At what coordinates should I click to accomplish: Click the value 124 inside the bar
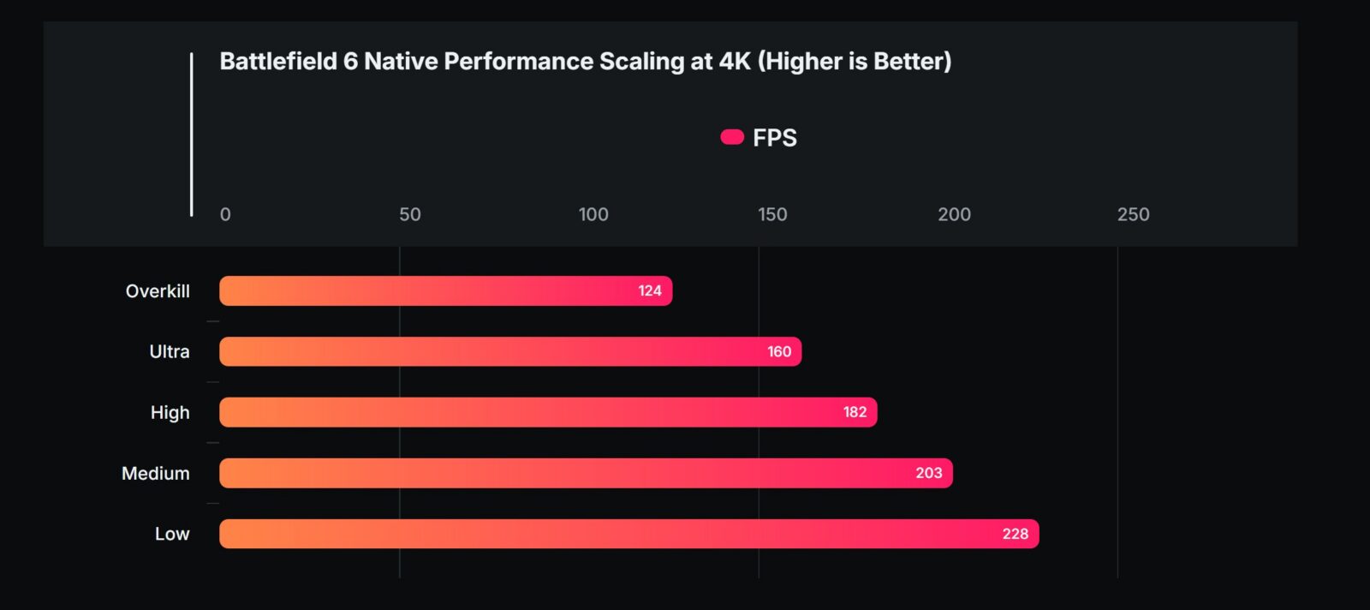click(650, 290)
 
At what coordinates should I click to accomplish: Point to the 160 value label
click(779, 351)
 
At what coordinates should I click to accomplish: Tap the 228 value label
click(1016, 534)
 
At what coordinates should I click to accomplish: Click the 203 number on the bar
click(929, 473)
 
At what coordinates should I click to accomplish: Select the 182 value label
click(855, 412)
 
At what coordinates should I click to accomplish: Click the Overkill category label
click(158, 291)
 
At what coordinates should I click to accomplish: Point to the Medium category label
click(155, 473)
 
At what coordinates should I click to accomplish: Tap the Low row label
click(172, 534)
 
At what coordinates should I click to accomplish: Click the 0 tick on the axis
click(225, 214)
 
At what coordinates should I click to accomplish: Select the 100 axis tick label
click(593, 214)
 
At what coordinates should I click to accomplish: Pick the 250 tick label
click(1133, 214)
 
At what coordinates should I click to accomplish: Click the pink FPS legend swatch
click(732, 137)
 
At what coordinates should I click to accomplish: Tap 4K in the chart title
click(735, 62)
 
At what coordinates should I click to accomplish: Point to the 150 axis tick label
click(772, 214)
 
